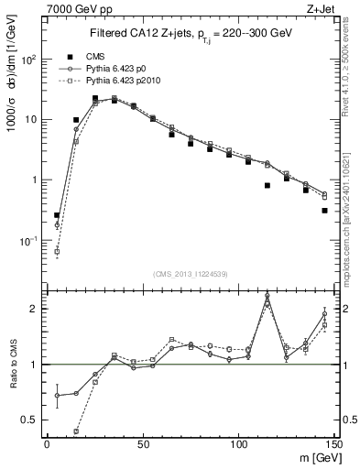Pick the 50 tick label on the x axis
(x=143, y=443)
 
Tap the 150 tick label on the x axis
(x=334, y=443)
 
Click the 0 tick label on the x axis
(x=47, y=443)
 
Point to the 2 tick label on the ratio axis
(x=34, y=309)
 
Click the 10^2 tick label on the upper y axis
(x=27, y=59)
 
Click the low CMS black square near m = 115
(x=267, y=185)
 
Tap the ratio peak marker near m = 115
(x=267, y=296)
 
